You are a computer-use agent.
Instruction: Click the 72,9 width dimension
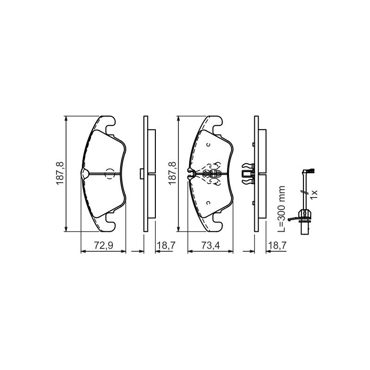pos(104,246)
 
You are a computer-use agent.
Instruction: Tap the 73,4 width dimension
pos(210,246)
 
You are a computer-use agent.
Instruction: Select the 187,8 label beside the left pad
pos(60,173)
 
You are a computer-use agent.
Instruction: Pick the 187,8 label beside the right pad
pos(172,173)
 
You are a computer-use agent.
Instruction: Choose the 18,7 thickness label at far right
pos(277,246)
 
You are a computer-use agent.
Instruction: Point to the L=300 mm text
pos(281,209)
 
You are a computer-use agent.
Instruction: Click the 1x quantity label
pos(314,194)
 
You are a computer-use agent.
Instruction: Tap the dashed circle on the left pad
pos(109,174)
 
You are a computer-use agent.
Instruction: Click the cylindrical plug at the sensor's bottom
pos(305,228)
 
